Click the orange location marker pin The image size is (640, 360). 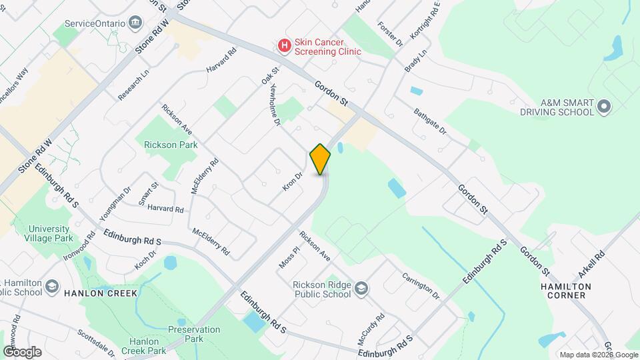pyautogui.click(x=321, y=159)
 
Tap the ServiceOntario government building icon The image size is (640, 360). pyautogui.click(x=136, y=23)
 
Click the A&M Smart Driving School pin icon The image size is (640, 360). pyautogui.click(x=605, y=107)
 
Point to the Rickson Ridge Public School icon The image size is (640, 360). pyautogui.click(x=361, y=288)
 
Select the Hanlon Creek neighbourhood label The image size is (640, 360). pyautogui.click(x=101, y=293)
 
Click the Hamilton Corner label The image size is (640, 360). pyautogui.click(x=566, y=291)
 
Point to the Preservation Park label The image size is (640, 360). pyautogui.click(x=194, y=334)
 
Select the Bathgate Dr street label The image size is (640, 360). pyautogui.click(x=430, y=121)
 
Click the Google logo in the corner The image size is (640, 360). pyautogui.click(x=22, y=351)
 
